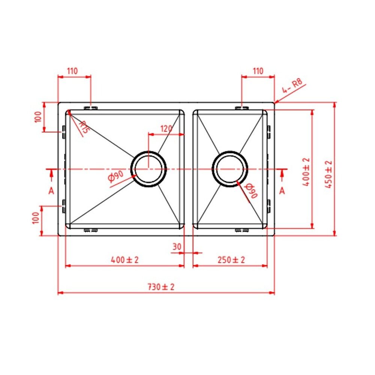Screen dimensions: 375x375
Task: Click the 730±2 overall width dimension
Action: tap(161, 286)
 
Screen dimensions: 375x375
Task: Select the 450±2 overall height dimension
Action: tap(329, 174)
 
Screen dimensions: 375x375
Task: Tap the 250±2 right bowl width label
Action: tap(231, 260)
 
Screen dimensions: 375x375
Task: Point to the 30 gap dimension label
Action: tap(177, 247)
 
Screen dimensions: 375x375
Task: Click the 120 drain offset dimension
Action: tap(166, 129)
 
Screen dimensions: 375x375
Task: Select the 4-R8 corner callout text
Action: tap(292, 85)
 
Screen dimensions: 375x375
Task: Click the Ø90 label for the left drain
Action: tap(115, 176)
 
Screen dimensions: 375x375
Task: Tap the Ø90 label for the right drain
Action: tap(251, 190)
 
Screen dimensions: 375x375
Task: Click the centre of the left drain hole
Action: tap(148, 169)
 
